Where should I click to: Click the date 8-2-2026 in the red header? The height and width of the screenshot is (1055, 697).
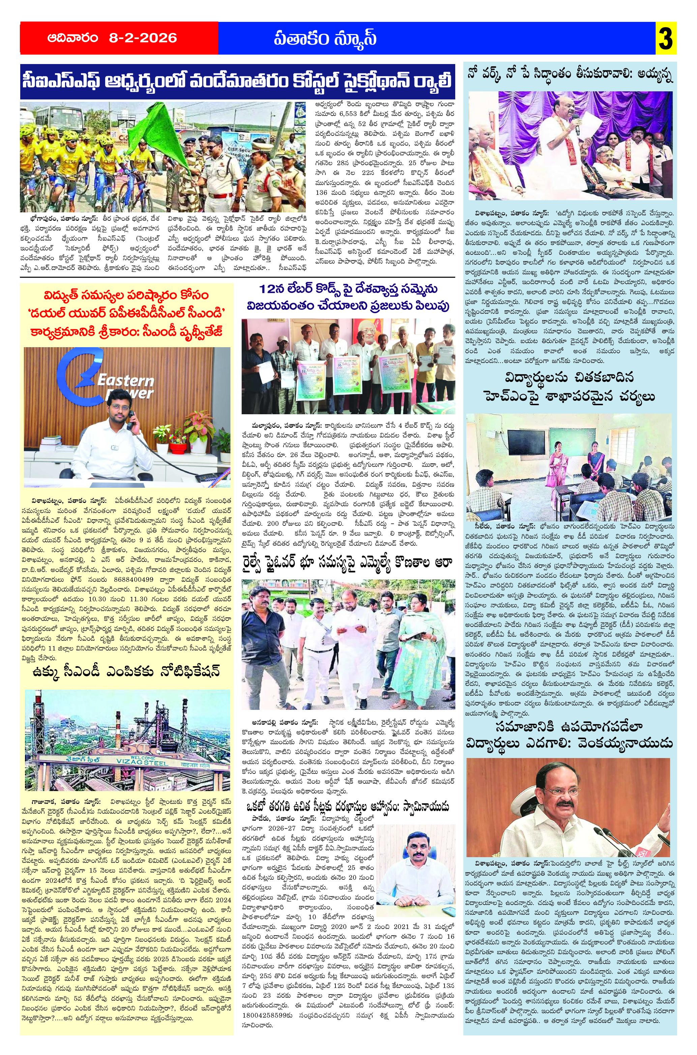[x=143, y=38]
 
